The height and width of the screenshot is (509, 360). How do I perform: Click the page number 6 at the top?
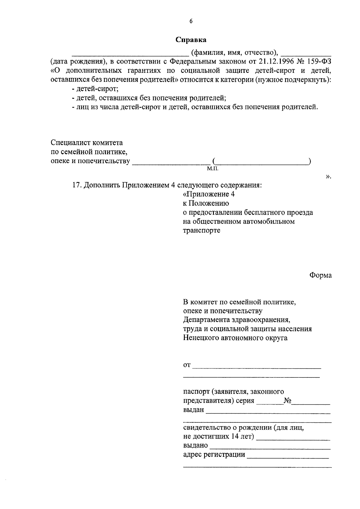point(191,21)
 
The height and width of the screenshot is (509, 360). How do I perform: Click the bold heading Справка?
point(191,40)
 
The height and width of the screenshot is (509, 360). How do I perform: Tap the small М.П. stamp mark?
point(212,169)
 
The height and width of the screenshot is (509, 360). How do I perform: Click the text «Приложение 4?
point(209,194)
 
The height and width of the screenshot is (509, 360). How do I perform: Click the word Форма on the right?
point(320,275)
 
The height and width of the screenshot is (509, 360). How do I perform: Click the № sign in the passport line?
point(288,401)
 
